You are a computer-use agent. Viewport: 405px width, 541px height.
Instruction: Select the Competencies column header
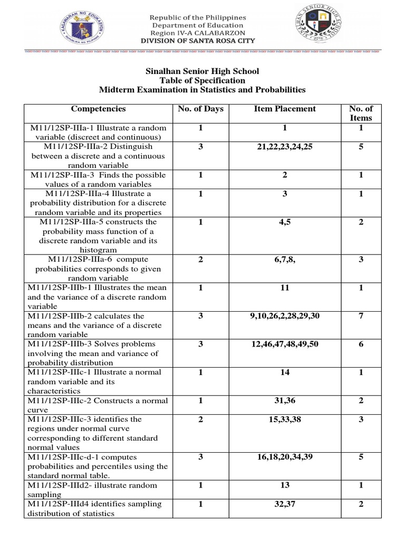99,109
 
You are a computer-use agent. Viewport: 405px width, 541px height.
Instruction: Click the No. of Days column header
200,109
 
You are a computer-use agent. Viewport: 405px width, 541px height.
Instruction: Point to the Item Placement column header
285,109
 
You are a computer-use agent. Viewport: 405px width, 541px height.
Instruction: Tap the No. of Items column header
361,113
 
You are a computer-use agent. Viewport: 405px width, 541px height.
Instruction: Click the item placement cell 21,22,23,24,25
285,147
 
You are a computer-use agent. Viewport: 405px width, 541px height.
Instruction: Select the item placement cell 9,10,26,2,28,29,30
285,316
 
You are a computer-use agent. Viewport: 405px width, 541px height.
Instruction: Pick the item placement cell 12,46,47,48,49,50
285,344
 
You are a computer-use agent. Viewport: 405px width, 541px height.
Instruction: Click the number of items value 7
361,316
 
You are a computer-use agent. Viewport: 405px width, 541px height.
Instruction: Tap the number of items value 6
361,344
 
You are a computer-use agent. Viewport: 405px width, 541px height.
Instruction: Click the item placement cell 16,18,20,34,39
285,456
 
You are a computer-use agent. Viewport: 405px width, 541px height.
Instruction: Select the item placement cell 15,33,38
285,419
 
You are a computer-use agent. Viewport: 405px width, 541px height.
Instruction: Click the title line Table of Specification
202,80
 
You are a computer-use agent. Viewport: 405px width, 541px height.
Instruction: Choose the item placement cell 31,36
285,400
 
